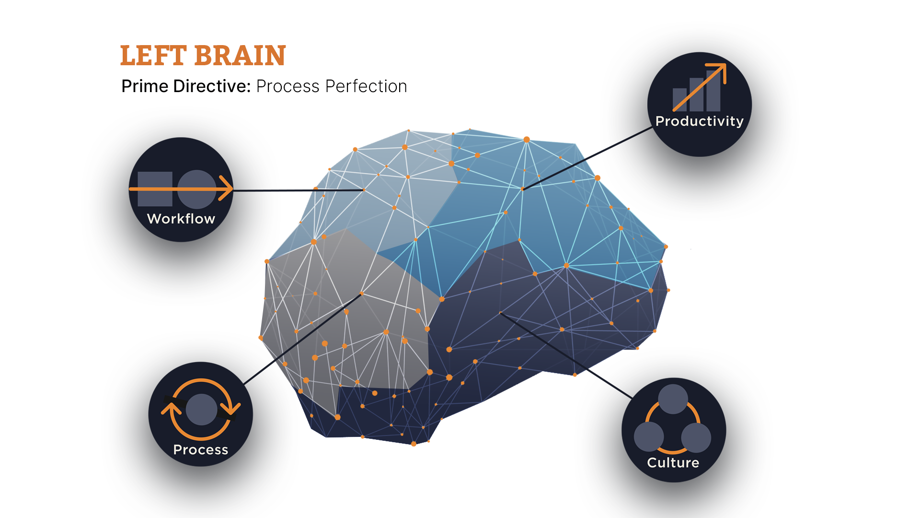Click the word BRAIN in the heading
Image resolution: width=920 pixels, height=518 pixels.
pos(240,56)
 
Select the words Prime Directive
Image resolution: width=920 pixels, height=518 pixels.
pos(186,86)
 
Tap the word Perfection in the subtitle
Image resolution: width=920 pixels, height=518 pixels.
pos(366,86)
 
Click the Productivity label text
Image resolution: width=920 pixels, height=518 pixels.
pos(699,121)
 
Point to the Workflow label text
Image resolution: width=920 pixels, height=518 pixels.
pos(181,219)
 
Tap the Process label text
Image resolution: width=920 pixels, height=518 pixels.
pos(201,450)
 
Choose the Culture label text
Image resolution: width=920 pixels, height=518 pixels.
pos(673,463)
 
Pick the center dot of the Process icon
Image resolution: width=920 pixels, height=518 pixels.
pos(201,409)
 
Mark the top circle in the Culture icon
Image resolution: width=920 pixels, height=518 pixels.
pos(673,399)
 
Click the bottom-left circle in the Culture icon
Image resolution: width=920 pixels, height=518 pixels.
pos(649,436)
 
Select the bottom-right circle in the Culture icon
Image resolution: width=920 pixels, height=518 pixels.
pos(696,437)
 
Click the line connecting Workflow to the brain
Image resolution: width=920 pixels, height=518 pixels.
pos(297,190)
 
